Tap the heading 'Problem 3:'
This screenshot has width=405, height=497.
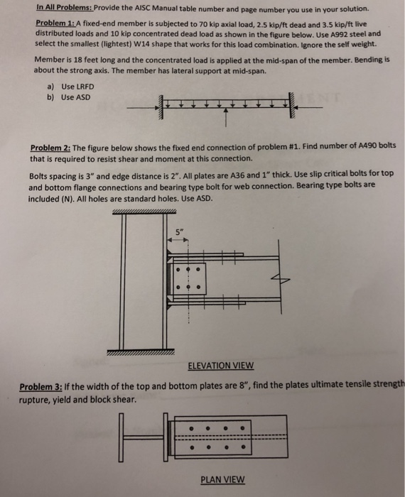(45, 387)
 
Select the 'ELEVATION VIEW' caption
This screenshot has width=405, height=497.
(220, 366)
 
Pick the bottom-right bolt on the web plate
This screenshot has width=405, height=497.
(198, 288)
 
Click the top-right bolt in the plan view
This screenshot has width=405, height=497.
(242, 429)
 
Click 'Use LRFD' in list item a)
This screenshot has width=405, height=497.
(77, 86)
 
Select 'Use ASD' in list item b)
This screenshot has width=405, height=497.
(75, 97)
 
